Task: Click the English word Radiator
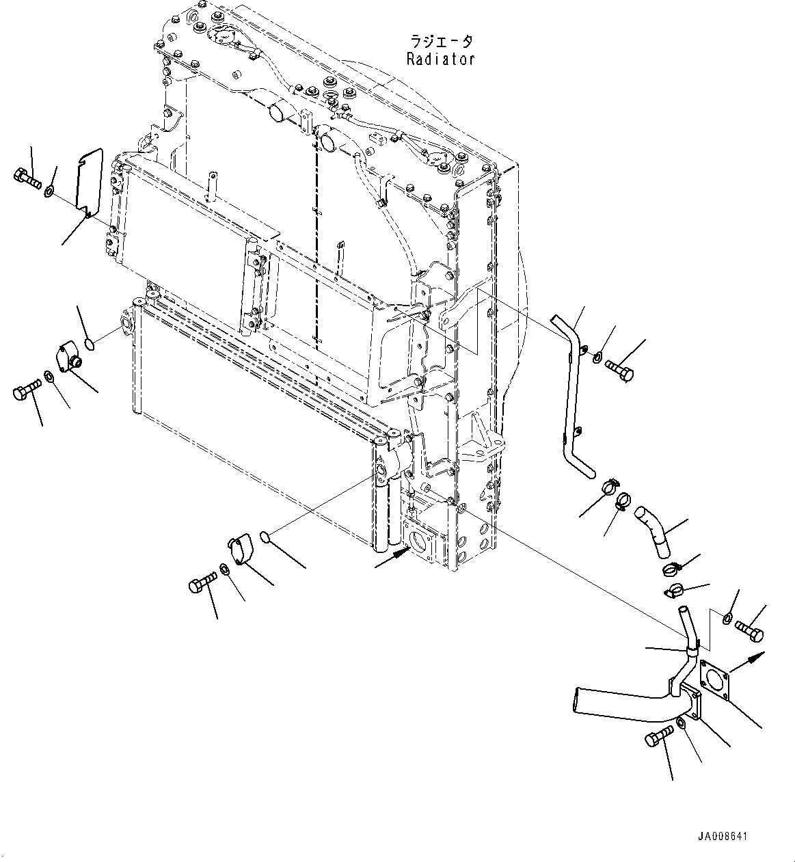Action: click(440, 59)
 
